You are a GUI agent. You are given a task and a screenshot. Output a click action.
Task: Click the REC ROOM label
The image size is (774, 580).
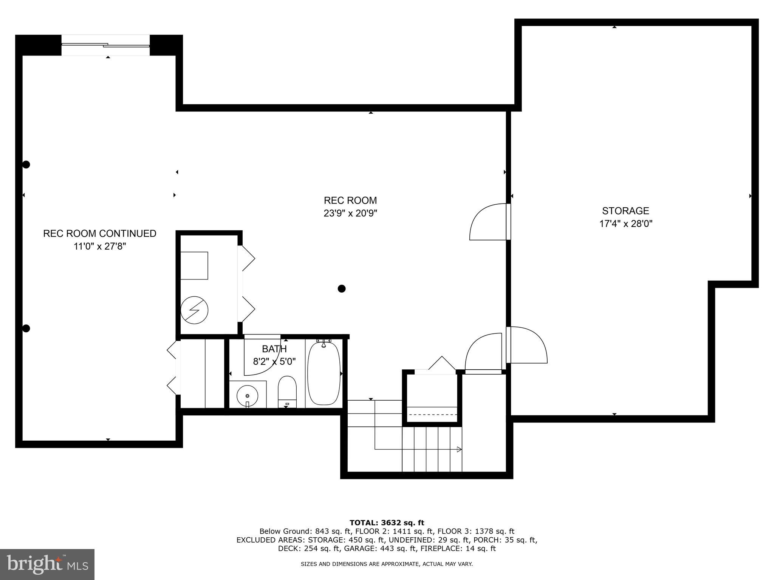(350, 201)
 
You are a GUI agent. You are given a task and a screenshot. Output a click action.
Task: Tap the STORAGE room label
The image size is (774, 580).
(625, 211)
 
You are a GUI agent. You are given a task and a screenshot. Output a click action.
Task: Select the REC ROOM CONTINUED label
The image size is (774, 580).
(99, 233)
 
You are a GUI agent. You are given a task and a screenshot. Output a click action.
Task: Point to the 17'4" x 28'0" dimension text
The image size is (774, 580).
(625, 224)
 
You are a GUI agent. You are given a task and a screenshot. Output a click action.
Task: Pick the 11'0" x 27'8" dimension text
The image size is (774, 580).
(99, 247)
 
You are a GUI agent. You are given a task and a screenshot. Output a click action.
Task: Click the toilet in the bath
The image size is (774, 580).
(287, 391)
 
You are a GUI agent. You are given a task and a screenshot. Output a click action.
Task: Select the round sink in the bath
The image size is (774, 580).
(247, 395)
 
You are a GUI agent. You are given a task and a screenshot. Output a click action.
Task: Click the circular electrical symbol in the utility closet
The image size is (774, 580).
(194, 310)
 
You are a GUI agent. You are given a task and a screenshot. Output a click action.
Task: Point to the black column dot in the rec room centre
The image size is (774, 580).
(342, 289)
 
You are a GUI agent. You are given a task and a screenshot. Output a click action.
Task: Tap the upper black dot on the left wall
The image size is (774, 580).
(26, 165)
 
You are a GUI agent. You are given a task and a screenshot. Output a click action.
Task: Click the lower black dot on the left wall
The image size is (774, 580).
(26, 329)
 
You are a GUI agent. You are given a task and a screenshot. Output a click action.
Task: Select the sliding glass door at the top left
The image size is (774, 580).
(106, 45)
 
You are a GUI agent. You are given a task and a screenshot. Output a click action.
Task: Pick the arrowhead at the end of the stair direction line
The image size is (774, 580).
(459, 449)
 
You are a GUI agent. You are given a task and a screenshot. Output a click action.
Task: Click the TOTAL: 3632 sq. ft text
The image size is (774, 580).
(387, 523)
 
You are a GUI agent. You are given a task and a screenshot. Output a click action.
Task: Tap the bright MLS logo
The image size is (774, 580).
(47, 564)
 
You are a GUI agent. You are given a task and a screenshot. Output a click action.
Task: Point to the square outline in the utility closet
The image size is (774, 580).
(194, 265)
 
